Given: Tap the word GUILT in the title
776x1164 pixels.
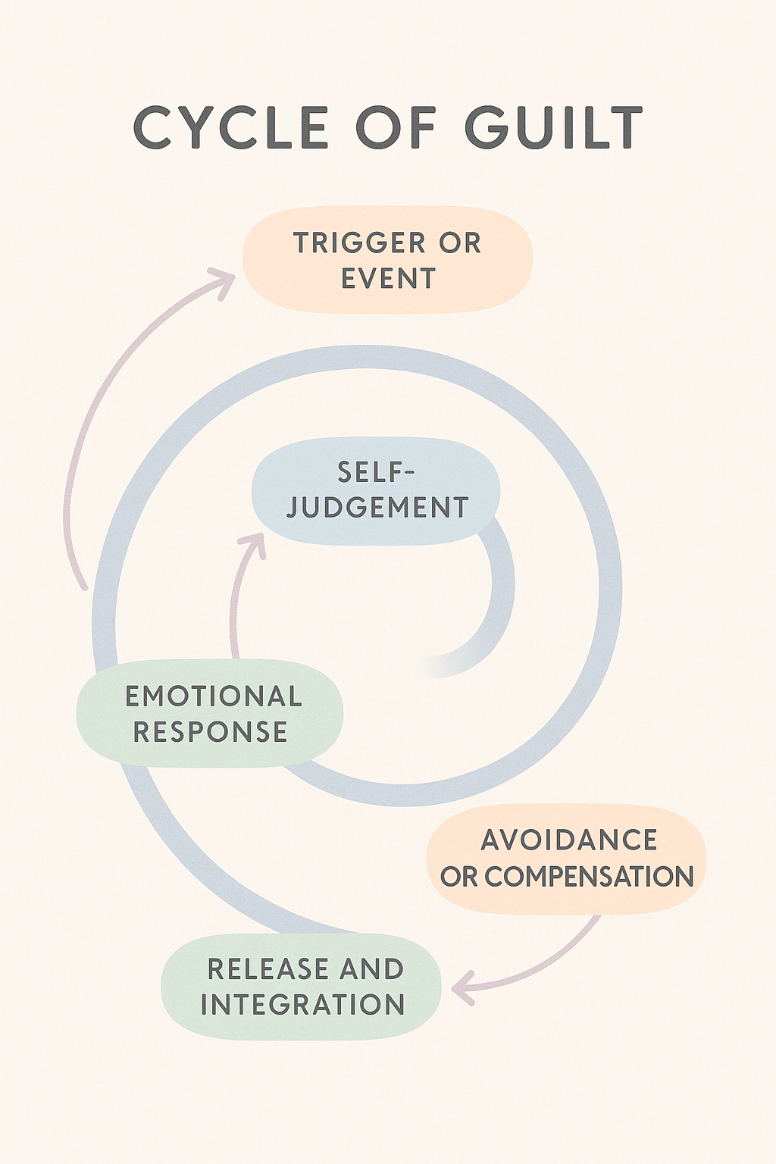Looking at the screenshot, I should [553, 127].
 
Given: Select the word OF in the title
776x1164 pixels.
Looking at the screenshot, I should [396, 127].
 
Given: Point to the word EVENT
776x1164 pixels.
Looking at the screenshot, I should [388, 279].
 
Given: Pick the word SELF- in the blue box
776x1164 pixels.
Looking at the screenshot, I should [377, 473].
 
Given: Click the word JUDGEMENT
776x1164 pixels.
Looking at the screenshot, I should [377, 508].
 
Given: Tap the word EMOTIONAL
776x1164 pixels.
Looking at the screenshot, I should [214, 696].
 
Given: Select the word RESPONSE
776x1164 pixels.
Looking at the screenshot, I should [211, 732].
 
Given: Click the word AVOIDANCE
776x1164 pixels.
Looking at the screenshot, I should [569, 840].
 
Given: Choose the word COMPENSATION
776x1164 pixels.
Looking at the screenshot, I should [589, 877].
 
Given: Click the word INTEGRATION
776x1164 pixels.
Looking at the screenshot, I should [303, 1005].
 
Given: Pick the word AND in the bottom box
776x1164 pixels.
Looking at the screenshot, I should [371, 969].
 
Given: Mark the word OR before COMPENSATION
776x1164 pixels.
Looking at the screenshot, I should [458, 877].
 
